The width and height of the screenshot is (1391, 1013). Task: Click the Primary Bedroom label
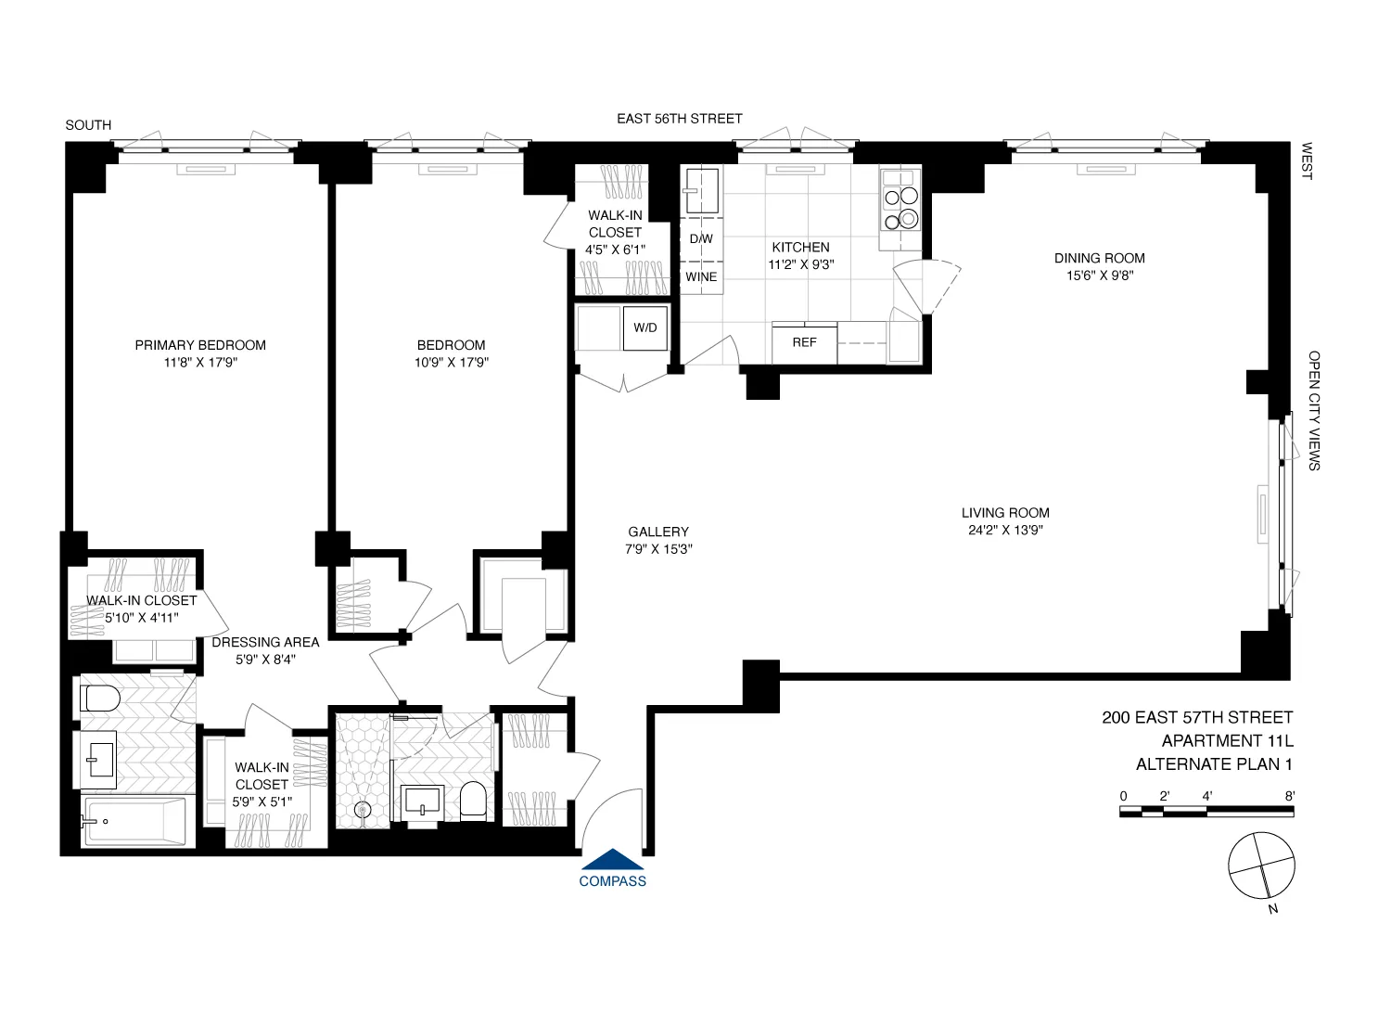[x=200, y=345]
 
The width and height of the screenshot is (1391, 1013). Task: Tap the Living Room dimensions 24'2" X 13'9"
[x=1005, y=531]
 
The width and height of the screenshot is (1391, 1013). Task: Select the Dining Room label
[x=1099, y=258]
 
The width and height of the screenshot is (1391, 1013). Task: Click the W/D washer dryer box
[x=645, y=327]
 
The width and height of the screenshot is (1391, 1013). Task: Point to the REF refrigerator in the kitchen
[x=804, y=343]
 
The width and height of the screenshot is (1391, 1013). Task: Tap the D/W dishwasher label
[x=701, y=238]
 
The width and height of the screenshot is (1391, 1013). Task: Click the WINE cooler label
[x=701, y=276]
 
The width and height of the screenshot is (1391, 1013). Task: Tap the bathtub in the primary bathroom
[x=134, y=822]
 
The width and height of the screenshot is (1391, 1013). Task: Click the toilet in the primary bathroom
[x=100, y=698]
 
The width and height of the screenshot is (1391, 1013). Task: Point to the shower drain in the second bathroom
[x=363, y=809]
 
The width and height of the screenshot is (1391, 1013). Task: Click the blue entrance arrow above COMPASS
[x=612, y=860]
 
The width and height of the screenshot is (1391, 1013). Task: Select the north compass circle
[x=1261, y=866]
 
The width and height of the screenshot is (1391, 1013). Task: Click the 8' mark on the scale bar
[x=1290, y=796]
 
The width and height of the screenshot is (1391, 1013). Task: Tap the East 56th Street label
[x=679, y=119]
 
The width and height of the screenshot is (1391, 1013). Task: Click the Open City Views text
[x=1313, y=410]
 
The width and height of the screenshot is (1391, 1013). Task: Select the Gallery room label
[x=658, y=532]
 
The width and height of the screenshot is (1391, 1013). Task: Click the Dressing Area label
[x=265, y=642]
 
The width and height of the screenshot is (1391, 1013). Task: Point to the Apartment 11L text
[x=1227, y=741]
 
